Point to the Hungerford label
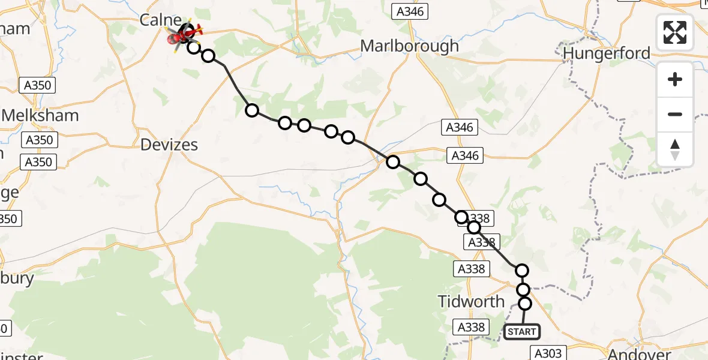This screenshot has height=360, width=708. click(607, 53)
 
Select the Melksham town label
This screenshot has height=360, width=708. click(41, 115)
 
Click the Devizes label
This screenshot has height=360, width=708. click(169, 145)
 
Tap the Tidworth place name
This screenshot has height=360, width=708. click(472, 301)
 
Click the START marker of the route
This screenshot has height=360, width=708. click(521, 331)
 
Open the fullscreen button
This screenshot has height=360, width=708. click(675, 32)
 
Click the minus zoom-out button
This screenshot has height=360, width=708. click(675, 114)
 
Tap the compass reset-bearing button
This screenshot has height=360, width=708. click(675, 149)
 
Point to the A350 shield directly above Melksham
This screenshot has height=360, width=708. click(40, 85)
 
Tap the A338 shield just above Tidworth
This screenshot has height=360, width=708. click(470, 268)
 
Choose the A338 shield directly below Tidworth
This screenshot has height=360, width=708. click(471, 327)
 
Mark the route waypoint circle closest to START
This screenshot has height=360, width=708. click(525, 304)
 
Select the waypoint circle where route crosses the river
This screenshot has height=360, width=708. click(393, 161)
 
